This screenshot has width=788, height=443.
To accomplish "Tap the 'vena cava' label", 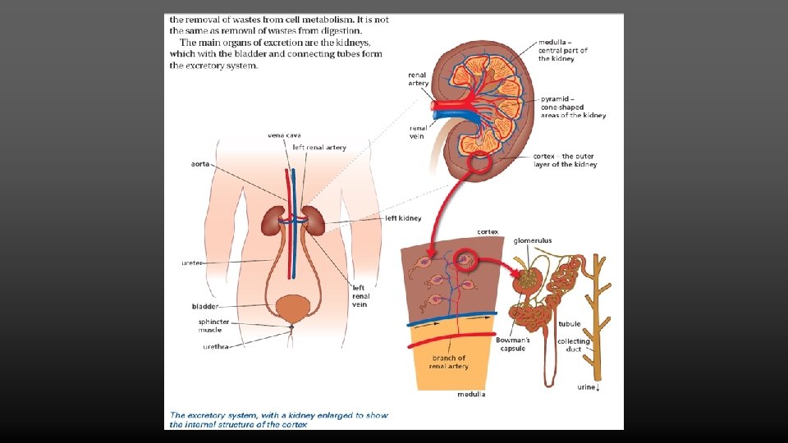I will pos(284,135).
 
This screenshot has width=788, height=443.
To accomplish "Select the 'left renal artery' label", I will pos(319,148).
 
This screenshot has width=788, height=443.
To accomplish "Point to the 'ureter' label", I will pos(192,263).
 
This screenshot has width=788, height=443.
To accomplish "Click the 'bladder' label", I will pos(204,306).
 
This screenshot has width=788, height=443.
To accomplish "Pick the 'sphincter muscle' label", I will pos(213,327).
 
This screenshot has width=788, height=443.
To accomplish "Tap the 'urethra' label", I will pos(216,346).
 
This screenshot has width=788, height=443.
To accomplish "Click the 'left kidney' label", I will pos(403,218).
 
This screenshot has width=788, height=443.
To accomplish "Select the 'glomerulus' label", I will pos(533,240).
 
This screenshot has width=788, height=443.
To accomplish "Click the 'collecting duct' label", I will pos(574,345).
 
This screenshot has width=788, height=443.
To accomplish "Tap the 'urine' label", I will pos(587,386).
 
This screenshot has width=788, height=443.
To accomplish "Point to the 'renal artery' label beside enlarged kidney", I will pos(418,79).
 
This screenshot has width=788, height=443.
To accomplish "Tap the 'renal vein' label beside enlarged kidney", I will pos(418,132).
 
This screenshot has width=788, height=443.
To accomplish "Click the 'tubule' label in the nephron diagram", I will pos(570,324).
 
